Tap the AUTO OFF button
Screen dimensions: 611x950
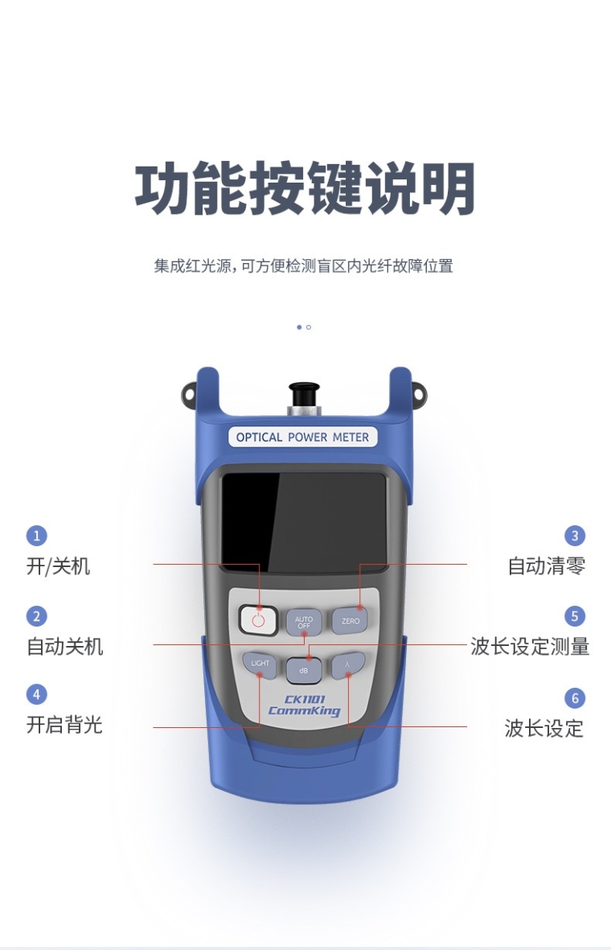pos(303,622)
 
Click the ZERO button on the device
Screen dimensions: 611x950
pos(350,621)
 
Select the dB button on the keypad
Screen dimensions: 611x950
pos(303,671)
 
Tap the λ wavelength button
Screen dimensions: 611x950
pos(348,664)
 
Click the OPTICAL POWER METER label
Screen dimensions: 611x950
pos(302,437)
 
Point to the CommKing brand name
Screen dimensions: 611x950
pos(304,710)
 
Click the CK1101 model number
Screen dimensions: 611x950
pos(305,698)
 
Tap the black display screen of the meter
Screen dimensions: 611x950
pos(304,523)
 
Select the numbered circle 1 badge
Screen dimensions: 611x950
pos(36,536)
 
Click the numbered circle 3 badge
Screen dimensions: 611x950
pos(575,536)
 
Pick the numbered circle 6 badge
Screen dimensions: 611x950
pos(575,698)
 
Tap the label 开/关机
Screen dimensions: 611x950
pos(58,566)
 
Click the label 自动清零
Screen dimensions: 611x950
pos(546,565)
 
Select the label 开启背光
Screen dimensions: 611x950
pos(64,725)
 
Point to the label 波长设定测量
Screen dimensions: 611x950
pos(530,647)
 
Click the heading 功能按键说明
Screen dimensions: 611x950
pos(305,187)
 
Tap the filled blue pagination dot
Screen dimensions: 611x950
pos(298,327)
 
